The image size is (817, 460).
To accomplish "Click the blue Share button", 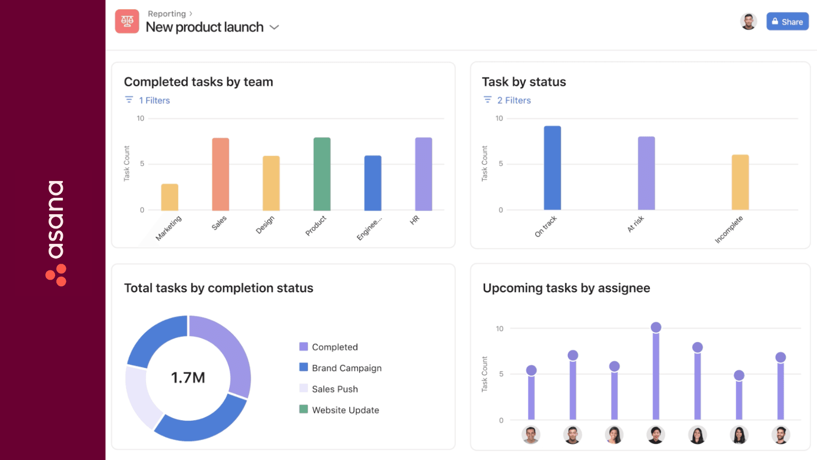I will (x=787, y=21).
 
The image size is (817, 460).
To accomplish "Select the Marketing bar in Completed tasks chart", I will (x=170, y=197).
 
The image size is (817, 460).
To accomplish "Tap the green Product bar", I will (x=322, y=174).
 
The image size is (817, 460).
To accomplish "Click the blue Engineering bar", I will (x=372, y=183).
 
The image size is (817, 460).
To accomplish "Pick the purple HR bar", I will (x=423, y=174).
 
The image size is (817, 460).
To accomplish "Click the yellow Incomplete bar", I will (x=740, y=182).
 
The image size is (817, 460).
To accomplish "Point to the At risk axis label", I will (x=636, y=224).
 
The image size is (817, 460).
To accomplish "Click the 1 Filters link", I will (x=154, y=101).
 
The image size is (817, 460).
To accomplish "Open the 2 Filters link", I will (x=514, y=101).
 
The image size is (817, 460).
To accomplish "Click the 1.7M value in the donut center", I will (x=188, y=378).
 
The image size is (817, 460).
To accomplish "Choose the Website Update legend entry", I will (x=345, y=410).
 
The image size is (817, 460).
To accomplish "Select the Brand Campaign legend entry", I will (x=346, y=368).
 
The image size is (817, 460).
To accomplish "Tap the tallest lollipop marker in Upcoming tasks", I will (x=656, y=327).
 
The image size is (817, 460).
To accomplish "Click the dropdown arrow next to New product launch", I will (x=274, y=27).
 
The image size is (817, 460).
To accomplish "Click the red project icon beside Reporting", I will (x=127, y=21).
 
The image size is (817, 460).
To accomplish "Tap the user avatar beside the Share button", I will (x=749, y=21).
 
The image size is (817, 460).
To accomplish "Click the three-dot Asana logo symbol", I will (x=56, y=275).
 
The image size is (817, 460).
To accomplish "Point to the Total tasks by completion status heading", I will (x=219, y=288).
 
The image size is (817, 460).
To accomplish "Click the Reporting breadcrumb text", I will (x=166, y=14).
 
